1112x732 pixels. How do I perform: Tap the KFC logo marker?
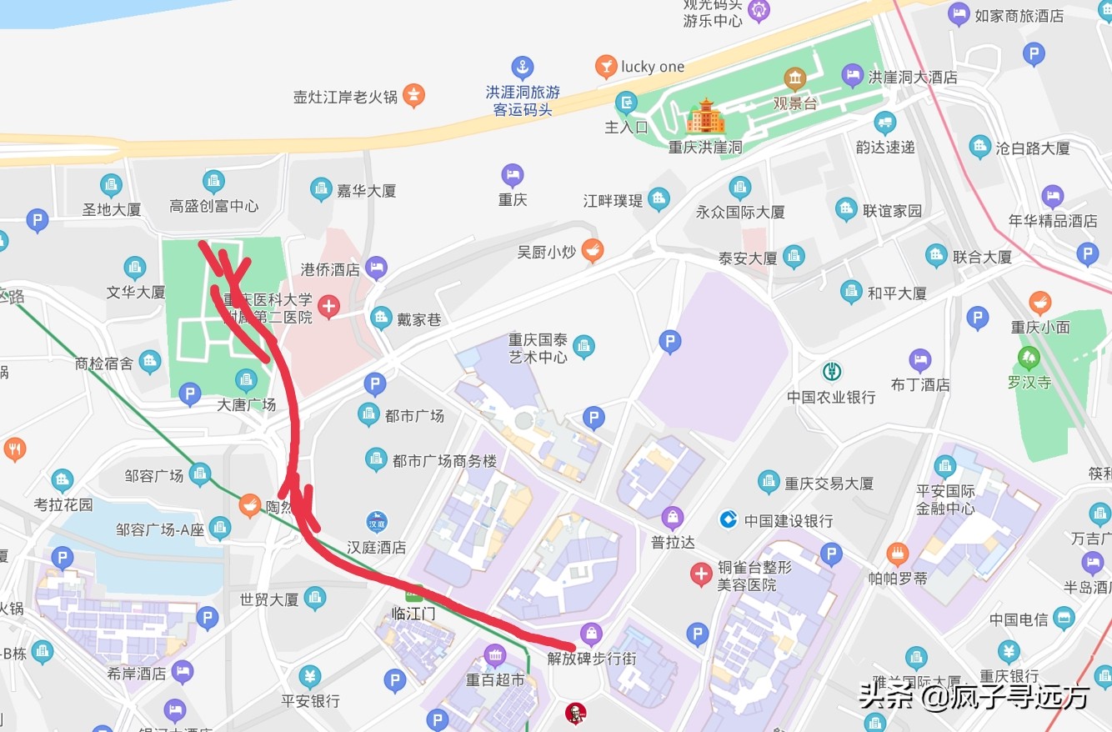575,713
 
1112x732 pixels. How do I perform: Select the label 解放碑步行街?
592,658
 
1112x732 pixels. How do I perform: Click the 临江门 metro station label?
413,614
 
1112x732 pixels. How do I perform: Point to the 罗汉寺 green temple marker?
1029,359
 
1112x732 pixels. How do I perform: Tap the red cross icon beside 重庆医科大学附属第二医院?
329,307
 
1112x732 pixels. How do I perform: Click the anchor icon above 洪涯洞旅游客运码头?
523,67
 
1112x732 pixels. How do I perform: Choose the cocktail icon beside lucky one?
606,67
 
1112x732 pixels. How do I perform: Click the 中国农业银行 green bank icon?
831,372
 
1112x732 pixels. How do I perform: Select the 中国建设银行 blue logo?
729,520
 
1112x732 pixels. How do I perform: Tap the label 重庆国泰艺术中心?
538,348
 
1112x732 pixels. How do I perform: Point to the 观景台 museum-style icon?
794,79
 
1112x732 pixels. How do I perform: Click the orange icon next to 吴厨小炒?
592,249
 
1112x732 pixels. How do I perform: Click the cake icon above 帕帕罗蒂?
898,553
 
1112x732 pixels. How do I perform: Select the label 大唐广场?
246,404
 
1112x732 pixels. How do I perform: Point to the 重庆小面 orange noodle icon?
1039,303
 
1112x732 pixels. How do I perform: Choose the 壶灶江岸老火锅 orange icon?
413,95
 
